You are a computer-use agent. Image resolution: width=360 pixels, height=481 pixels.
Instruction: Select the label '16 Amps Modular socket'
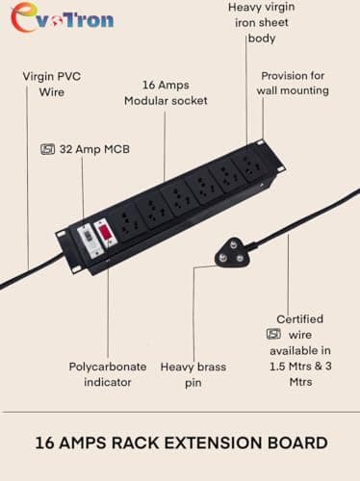click(162, 92)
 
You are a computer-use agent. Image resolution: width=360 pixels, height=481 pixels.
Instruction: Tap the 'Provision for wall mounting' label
click(293, 83)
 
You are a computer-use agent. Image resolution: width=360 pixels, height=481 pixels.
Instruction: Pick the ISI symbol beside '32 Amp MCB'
click(47, 149)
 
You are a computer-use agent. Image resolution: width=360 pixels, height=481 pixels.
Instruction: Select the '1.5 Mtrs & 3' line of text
click(299, 367)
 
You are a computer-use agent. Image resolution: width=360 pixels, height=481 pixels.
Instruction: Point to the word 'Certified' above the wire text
click(299, 318)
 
